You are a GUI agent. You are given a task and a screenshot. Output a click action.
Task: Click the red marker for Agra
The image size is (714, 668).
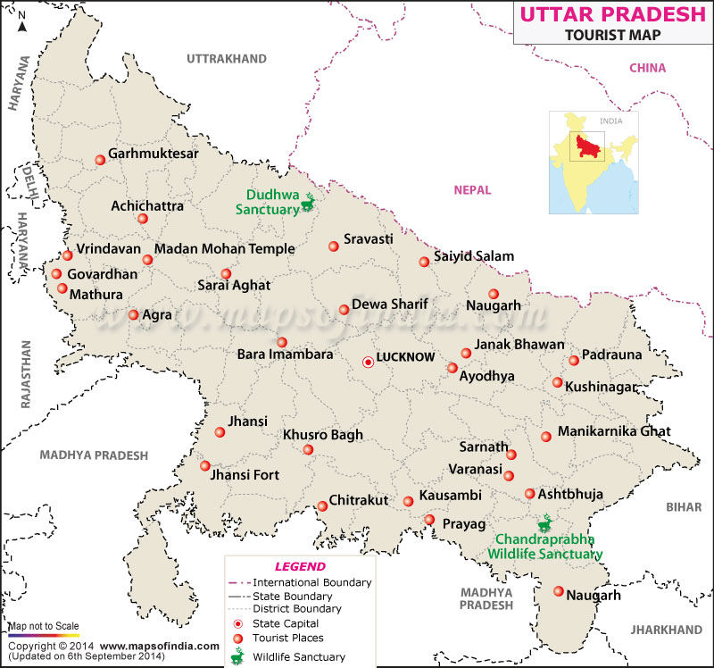134,314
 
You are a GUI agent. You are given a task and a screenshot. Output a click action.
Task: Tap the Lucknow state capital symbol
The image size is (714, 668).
368,362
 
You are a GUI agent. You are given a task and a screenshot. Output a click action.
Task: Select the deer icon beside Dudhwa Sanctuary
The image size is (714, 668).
309,203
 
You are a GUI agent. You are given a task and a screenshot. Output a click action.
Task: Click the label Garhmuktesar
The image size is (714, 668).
154,154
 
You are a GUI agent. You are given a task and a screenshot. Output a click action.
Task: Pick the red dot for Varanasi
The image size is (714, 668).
509,476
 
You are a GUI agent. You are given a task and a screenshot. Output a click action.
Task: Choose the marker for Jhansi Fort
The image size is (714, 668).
205,466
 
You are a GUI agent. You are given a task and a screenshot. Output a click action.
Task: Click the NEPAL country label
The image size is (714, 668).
473,189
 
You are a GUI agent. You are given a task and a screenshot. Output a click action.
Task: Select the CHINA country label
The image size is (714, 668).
647,68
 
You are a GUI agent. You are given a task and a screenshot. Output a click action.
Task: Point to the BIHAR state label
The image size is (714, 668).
684,506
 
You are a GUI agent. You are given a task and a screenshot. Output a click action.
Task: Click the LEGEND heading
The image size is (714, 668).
300,566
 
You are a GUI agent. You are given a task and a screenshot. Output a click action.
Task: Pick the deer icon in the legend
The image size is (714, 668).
237,655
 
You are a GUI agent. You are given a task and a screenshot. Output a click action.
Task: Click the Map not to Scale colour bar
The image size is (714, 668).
43,633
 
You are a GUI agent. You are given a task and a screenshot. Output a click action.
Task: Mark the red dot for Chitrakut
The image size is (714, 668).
322,507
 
